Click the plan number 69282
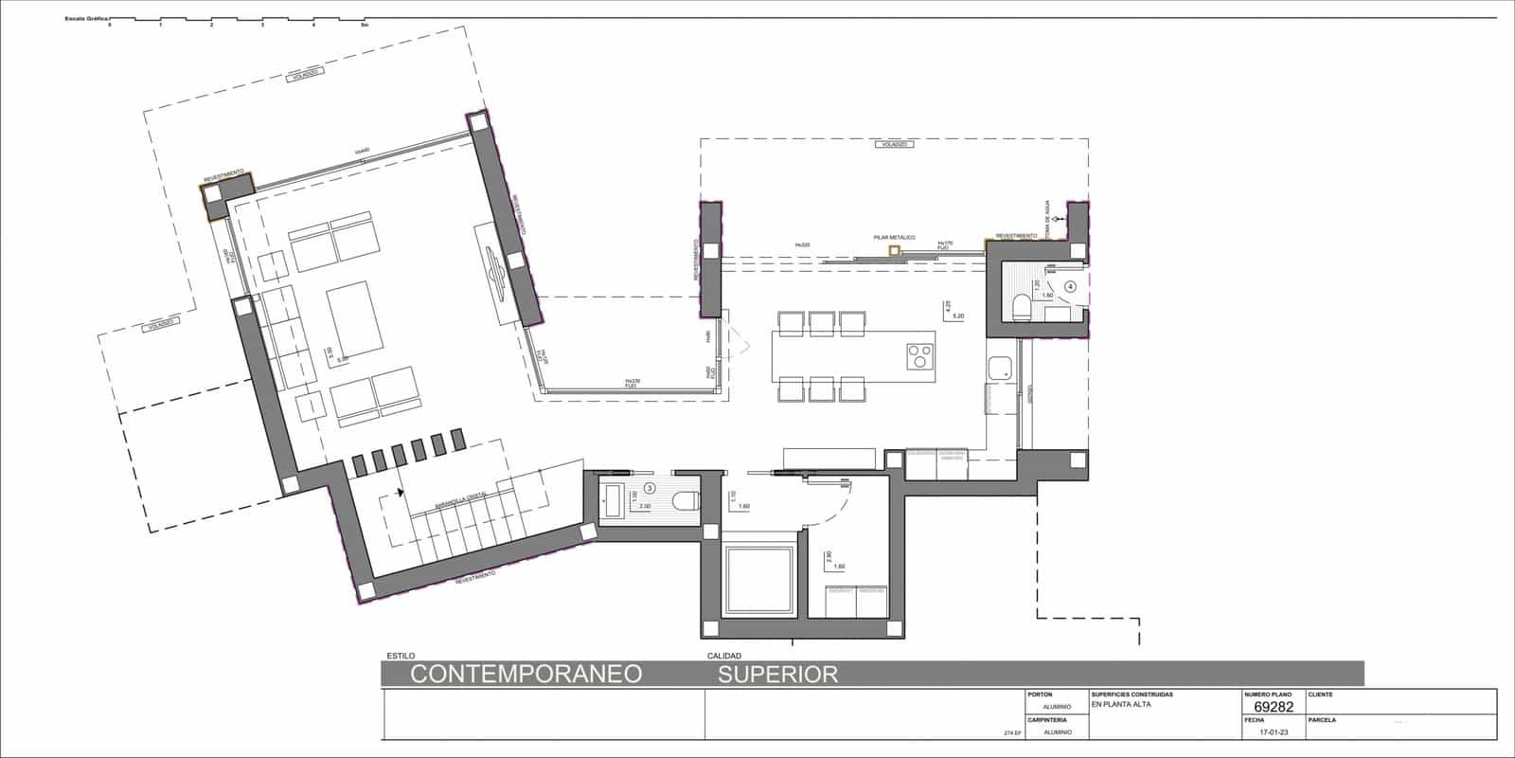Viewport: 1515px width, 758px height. click(x=1274, y=707)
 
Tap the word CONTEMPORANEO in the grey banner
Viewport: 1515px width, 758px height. click(x=526, y=674)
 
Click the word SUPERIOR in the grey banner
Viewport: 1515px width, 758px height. click(x=777, y=674)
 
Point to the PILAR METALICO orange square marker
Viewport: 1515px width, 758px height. click(x=894, y=250)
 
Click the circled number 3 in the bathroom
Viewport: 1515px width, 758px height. click(x=650, y=488)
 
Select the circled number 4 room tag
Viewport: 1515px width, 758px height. click(x=1071, y=284)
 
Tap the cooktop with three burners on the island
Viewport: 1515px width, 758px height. click(x=918, y=356)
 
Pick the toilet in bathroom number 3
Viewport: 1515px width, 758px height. click(x=684, y=500)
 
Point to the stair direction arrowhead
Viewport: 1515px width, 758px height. click(x=401, y=492)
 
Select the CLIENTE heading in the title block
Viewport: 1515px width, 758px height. click(x=1320, y=695)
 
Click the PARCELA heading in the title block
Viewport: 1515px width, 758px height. click(x=1322, y=720)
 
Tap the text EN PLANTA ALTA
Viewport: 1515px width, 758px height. click(x=1121, y=704)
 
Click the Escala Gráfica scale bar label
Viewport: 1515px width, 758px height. click(x=86, y=18)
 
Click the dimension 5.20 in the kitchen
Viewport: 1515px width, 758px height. click(x=957, y=316)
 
